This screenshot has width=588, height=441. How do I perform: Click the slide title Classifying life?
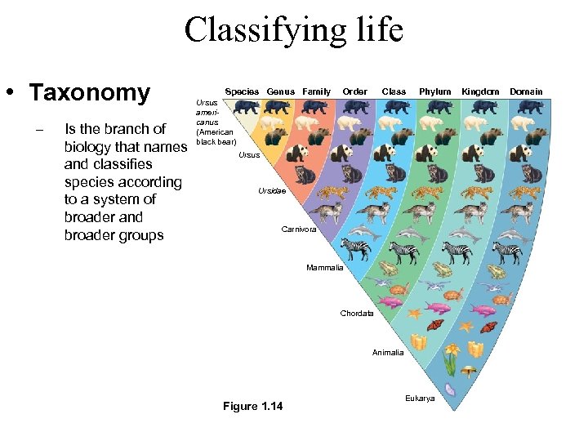(293, 31)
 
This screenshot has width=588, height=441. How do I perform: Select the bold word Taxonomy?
(90, 93)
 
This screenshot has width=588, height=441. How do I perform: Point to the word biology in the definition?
(91, 146)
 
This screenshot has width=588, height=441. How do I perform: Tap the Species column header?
(242, 91)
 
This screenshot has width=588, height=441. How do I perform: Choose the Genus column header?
(280, 91)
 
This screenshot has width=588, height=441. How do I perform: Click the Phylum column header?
(434, 91)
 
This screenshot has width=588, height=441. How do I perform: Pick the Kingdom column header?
(480, 91)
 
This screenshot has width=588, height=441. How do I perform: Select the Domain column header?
(526, 91)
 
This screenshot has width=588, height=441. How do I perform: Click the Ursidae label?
(272, 191)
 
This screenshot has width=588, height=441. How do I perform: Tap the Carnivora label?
(298, 229)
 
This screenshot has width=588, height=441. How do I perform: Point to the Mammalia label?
(324, 268)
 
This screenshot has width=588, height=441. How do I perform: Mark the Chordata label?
(357, 314)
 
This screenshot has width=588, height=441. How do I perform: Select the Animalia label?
(387, 353)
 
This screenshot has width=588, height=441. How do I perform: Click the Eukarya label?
(420, 398)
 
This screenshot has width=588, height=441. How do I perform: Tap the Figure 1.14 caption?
(252, 407)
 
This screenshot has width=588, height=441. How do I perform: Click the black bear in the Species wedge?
(246, 107)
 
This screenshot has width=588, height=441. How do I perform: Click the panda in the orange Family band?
(297, 152)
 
